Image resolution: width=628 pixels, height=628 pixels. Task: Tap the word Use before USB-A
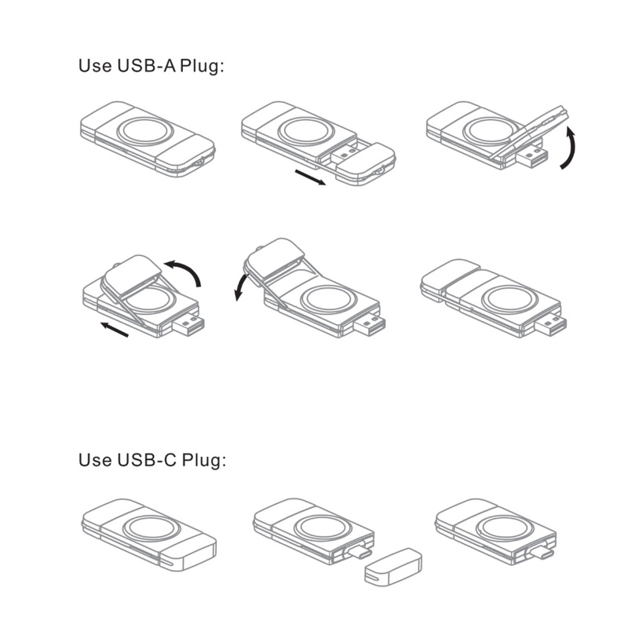(95, 66)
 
